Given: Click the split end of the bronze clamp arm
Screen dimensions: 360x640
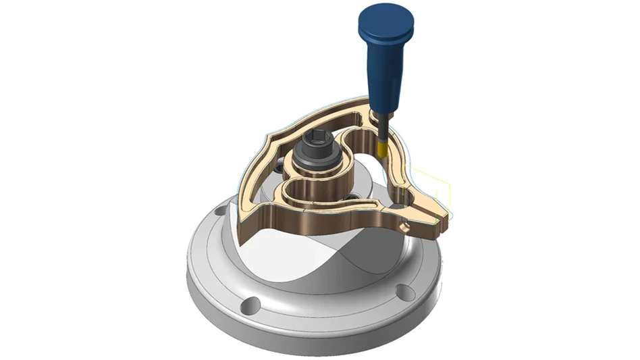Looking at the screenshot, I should click(x=439, y=215).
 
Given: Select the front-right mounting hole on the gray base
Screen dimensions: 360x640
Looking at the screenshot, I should click(x=403, y=291).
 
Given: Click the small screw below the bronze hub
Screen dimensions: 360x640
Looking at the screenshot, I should click(x=350, y=196).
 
